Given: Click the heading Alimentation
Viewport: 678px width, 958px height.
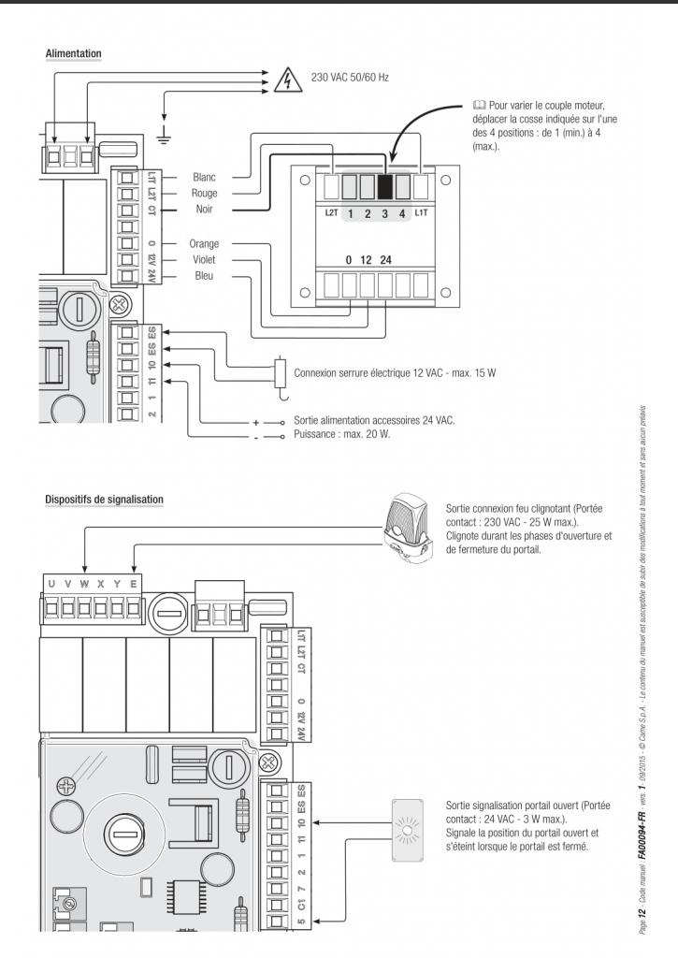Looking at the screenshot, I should (74, 54).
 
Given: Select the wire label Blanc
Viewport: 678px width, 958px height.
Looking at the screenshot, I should (204, 177).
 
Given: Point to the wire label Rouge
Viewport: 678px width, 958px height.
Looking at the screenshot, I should (204, 194).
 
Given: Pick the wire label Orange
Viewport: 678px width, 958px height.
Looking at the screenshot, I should (204, 244).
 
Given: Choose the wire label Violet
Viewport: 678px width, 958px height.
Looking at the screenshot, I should (204, 260).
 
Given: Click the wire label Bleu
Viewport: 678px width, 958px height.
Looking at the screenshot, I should (204, 277).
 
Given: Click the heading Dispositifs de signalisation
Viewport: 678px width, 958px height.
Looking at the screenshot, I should (105, 500).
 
